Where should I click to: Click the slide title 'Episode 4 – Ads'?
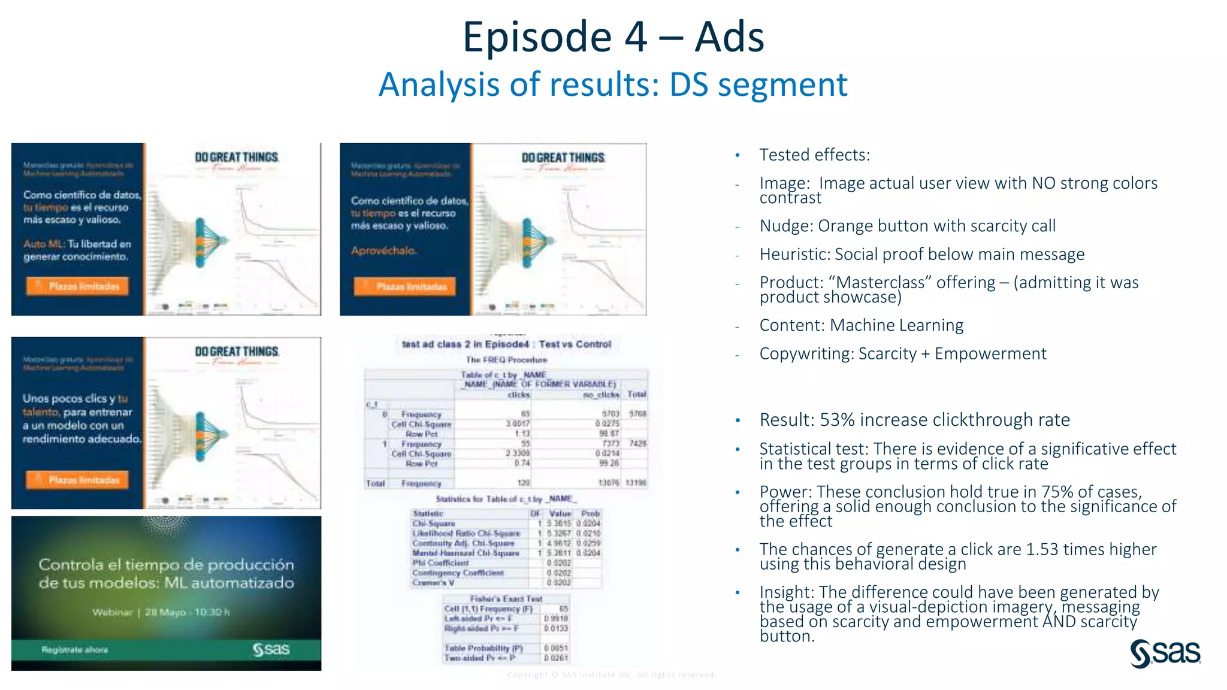click(x=613, y=37)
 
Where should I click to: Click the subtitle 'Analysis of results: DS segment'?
click(x=613, y=84)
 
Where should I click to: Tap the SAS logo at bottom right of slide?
click(x=1165, y=653)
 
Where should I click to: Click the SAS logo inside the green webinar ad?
click(x=271, y=649)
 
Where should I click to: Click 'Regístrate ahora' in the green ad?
click(x=75, y=650)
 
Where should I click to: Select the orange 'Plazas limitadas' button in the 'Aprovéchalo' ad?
click(x=404, y=287)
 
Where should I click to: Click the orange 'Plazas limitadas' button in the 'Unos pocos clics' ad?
click(x=77, y=480)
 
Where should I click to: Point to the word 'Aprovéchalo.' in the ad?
click(x=383, y=250)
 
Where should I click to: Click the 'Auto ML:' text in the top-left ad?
click(x=44, y=244)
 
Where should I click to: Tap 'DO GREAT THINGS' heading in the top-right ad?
click(x=563, y=158)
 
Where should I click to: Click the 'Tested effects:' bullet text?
click(x=814, y=155)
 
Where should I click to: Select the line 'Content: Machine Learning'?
click(x=861, y=325)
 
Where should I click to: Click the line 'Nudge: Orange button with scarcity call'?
click(x=907, y=226)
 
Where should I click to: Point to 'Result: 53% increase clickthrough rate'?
click(x=914, y=420)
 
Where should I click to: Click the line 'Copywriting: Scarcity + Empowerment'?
click(x=902, y=354)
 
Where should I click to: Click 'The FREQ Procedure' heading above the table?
click(x=506, y=360)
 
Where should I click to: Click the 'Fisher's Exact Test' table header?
click(x=506, y=598)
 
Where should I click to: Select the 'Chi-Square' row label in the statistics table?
click(x=433, y=523)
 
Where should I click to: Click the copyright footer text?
click(x=612, y=675)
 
